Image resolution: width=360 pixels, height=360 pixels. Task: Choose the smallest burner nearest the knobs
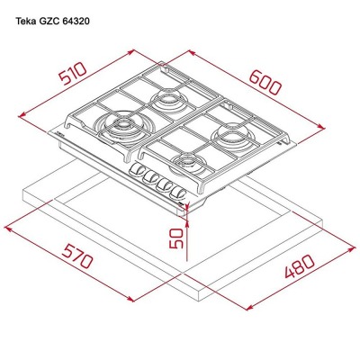[x=188, y=162]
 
